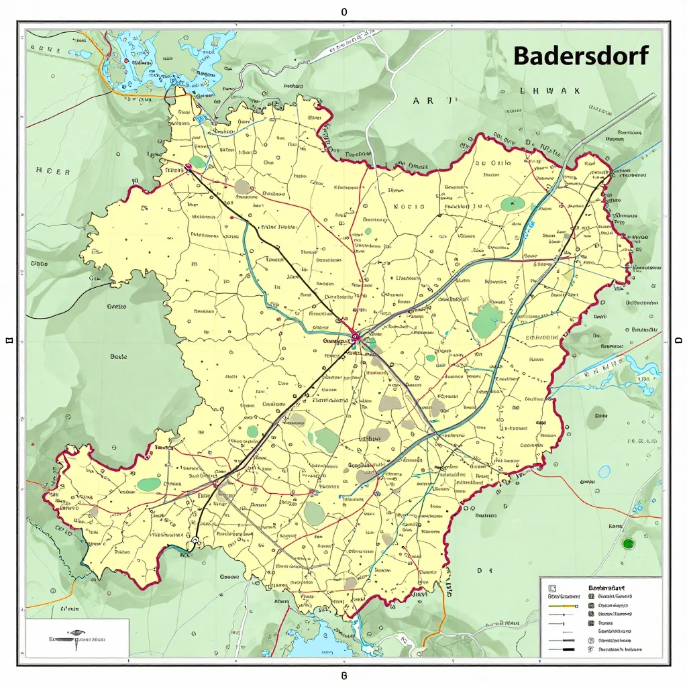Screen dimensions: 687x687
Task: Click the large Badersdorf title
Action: tap(581, 56)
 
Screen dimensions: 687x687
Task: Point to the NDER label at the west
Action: tap(53, 172)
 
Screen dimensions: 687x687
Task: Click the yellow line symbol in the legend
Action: tap(562, 606)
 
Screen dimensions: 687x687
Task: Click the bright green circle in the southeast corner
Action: tap(628, 543)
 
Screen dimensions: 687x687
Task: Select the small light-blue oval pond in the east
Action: tap(604, 472)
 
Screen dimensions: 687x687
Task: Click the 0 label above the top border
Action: tap(344, 12)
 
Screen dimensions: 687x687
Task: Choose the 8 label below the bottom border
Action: tap(343, 675)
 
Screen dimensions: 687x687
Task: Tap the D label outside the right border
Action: tap(678, 340)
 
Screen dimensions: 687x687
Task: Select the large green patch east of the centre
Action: tap(488, 321)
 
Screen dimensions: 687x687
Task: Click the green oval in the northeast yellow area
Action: tap(513, 203)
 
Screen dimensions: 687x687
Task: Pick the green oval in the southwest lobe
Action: tap(149, 484)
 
